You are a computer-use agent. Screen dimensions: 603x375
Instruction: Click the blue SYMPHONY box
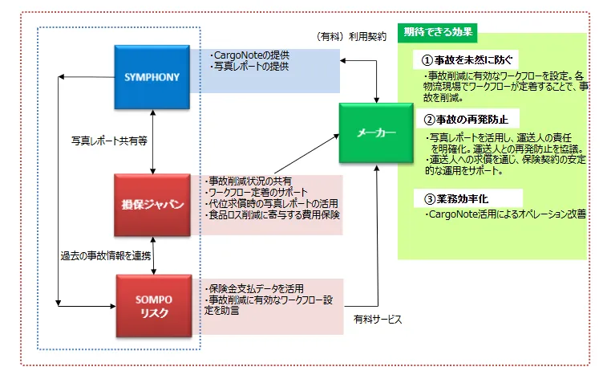tap(152, 77)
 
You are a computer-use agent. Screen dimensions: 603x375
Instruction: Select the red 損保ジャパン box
tap(152, 205)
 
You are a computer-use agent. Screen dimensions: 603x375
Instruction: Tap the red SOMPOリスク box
tap(154, 306)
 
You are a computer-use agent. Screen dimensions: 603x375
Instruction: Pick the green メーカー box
tap(376, 132)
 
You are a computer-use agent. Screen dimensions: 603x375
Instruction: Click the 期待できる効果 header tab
tap(438, 32)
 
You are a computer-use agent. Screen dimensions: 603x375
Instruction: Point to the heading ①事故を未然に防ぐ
tap(467, 60)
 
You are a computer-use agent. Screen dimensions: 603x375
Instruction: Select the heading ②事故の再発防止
tap(466, 120)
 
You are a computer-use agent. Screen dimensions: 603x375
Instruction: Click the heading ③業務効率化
tap(456, 199)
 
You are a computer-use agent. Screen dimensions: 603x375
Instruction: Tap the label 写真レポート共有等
tap(109, 141)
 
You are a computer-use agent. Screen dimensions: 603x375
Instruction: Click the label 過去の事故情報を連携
tap(106, 255)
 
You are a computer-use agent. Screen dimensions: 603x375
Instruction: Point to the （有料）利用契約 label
tap(350, 37)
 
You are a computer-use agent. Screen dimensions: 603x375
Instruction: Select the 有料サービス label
tap(378, 319)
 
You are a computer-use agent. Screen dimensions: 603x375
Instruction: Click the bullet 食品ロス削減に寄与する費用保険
tap(273, 215)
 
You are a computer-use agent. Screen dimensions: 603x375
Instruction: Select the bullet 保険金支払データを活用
tap(254, 289)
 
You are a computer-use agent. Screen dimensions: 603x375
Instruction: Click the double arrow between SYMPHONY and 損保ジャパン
tap(152, 141)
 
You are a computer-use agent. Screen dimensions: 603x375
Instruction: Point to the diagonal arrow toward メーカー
tap(307, 153)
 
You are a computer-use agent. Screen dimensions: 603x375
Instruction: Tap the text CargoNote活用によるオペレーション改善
tap(505, 214)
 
